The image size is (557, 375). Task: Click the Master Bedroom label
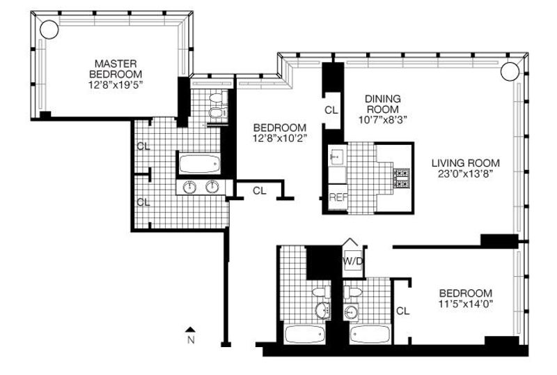click(116, 69)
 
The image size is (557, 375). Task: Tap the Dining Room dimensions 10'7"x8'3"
click(382, 120)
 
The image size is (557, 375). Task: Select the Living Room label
click(466, 163)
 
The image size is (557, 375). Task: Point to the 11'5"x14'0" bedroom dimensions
click(466, 304)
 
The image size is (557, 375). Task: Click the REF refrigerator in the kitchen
click(338, 197)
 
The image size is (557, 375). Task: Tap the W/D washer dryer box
click(353, 261)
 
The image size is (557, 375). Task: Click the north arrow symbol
click(191, 330)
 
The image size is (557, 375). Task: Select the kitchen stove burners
click(402, 178)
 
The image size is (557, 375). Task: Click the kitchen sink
click(336, 155)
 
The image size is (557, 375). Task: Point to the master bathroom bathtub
click(199, 164)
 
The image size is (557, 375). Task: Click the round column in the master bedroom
click(49, 29)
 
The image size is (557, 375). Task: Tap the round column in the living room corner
click(510, 71)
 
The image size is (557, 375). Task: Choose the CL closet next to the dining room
click(331, 110)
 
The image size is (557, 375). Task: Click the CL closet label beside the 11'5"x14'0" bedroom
click(403, 312)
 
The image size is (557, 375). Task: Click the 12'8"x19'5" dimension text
click(116, 85)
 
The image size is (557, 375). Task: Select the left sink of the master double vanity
click(189, 187)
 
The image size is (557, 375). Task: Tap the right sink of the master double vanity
click(213, 187)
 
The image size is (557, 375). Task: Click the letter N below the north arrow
click(191, 340)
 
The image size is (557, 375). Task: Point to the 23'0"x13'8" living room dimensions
click(466, 174)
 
